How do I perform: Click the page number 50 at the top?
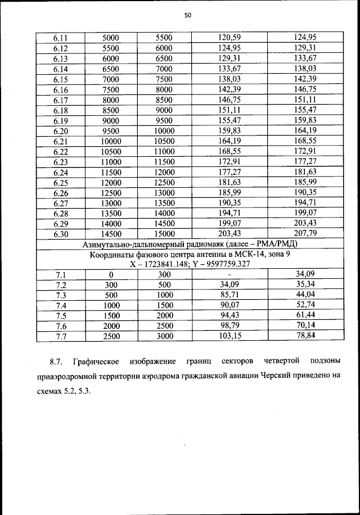188,16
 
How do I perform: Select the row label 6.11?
61,37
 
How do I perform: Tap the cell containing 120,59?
229,37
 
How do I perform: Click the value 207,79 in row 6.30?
305,233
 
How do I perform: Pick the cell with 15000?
165,233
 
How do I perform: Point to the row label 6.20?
61,130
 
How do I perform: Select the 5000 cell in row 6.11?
111,37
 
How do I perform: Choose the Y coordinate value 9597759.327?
225,264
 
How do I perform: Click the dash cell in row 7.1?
229,274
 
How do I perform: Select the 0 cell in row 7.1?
111,274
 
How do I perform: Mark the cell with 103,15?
229,336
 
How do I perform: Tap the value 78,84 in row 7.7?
305,336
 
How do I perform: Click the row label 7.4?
61,305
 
